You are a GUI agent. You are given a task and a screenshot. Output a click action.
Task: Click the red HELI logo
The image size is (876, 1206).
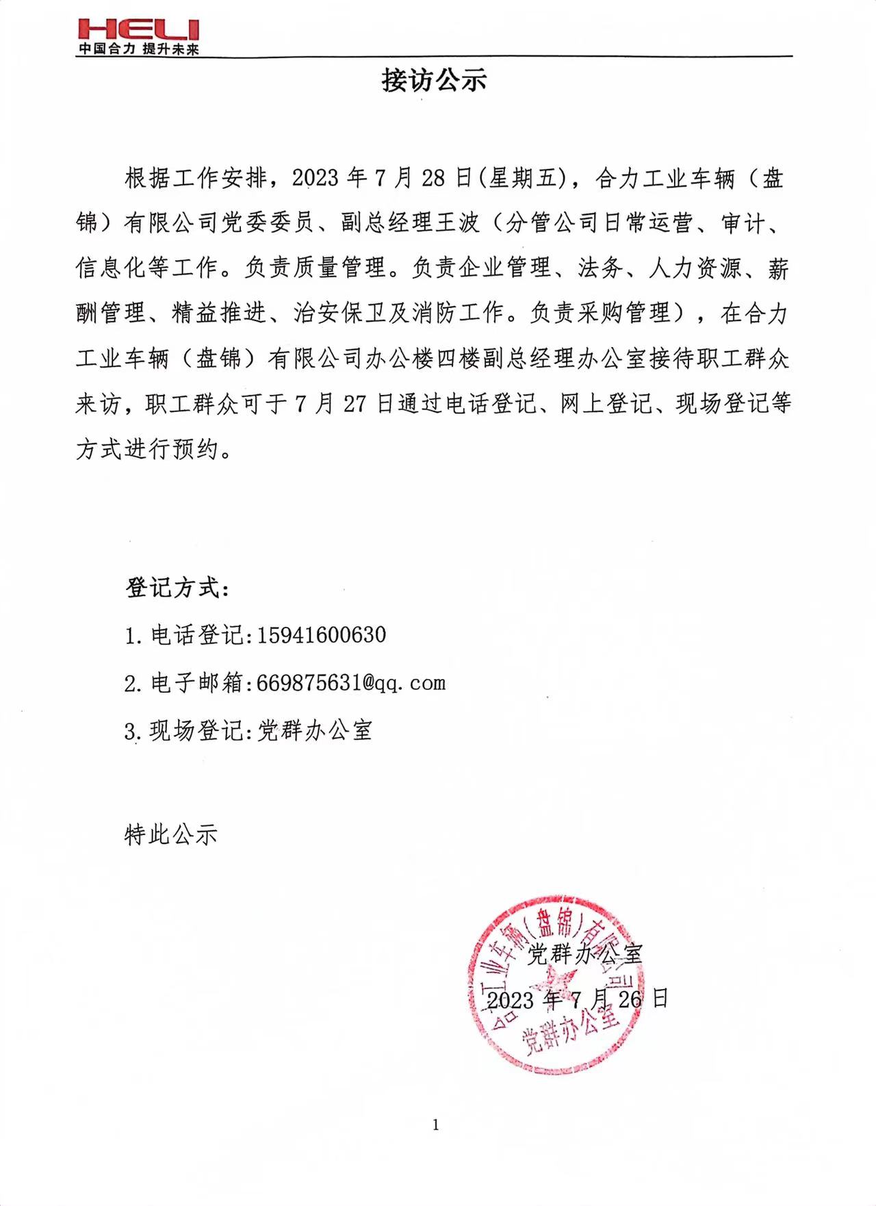pos(138,29)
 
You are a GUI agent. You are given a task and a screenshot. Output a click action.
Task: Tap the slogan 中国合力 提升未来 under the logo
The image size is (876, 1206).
pos(138,49)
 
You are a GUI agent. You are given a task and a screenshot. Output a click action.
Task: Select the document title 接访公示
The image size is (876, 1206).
pos(434,81)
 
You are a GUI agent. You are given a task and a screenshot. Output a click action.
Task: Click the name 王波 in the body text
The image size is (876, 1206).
pos(456,223)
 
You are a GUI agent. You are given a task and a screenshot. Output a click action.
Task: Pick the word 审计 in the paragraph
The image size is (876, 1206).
pos(743,223)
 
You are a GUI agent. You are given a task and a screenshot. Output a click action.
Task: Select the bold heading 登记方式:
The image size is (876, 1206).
pos(177,588)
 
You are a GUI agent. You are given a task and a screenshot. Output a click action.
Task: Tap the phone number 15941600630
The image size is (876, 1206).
pos(321,635)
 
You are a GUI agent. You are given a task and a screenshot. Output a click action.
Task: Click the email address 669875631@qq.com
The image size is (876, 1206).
pos(351,683)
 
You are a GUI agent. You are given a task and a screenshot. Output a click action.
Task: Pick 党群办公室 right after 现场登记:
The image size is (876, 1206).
pos(315,731)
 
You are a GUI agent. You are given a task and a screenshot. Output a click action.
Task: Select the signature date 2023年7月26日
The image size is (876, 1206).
pos(577,999)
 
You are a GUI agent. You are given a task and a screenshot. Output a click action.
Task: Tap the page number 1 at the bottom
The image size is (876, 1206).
pos(436,1125)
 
